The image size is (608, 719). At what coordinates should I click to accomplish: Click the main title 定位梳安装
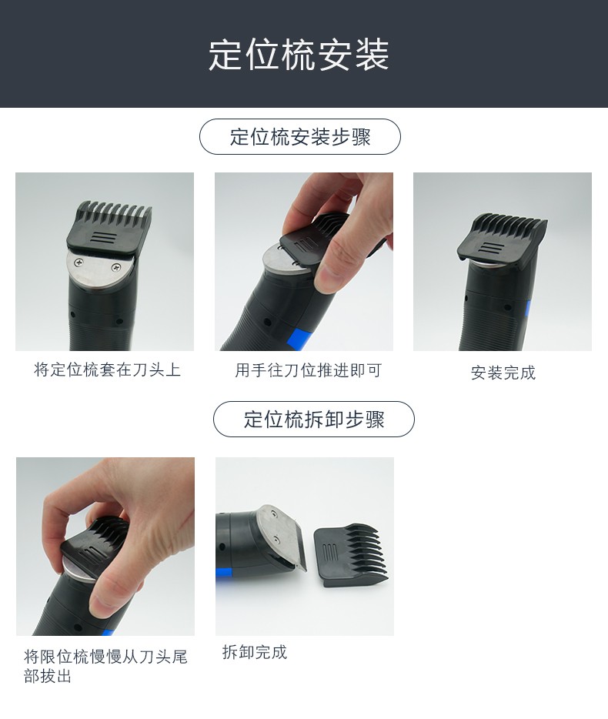coord(299,55)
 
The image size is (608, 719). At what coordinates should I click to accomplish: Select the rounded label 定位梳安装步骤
coord(300,137)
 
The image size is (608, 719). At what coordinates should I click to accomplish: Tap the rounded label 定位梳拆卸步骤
coord(313,420)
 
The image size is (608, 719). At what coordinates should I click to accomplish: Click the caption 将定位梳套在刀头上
coord(107,370)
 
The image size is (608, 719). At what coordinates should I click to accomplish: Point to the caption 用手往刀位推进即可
coord(308,371)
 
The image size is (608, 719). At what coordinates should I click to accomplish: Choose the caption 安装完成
coord(503,373)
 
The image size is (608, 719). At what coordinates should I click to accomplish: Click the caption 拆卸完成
coord(255,653)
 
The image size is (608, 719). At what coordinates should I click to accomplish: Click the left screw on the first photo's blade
coord(79,264)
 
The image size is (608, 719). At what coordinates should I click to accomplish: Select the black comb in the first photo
coord(112,227)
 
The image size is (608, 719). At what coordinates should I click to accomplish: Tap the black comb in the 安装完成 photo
coord(502,239)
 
